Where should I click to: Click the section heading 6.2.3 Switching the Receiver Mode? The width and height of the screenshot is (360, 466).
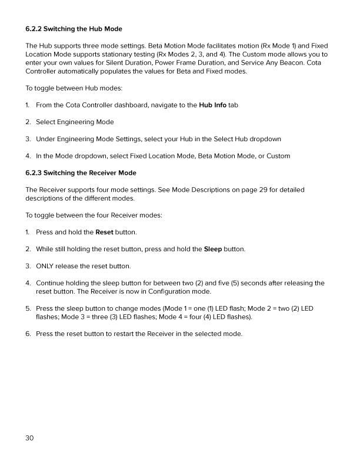81,172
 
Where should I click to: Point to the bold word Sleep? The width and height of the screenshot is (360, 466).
212,249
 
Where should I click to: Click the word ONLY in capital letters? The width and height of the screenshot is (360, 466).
46,266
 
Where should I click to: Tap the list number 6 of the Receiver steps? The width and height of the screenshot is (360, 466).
28,334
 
